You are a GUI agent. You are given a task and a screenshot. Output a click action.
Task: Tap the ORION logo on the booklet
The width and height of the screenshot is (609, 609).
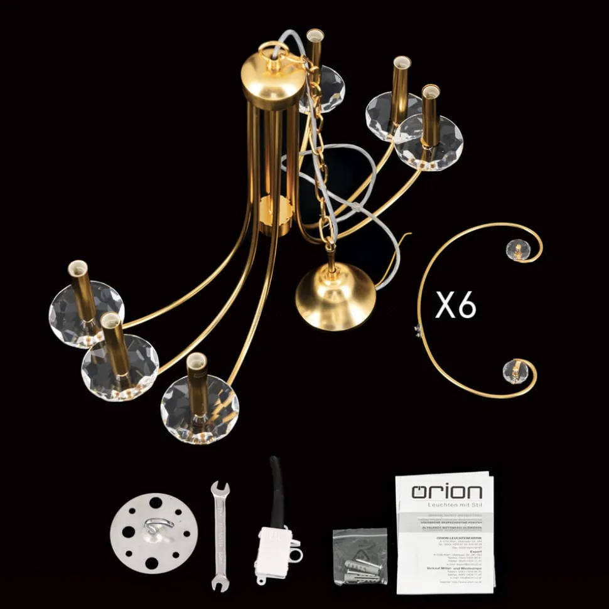point(446,491)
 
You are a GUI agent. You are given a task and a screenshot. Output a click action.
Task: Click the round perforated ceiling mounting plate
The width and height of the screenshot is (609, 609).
point(153,533)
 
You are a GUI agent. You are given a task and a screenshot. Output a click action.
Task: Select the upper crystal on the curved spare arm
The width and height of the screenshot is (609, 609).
point(518,250)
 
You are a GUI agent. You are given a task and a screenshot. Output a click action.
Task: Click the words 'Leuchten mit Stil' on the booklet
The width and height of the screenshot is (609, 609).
point(446,505)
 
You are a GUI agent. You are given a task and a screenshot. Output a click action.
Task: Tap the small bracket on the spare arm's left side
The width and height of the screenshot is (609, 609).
point(417,330)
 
